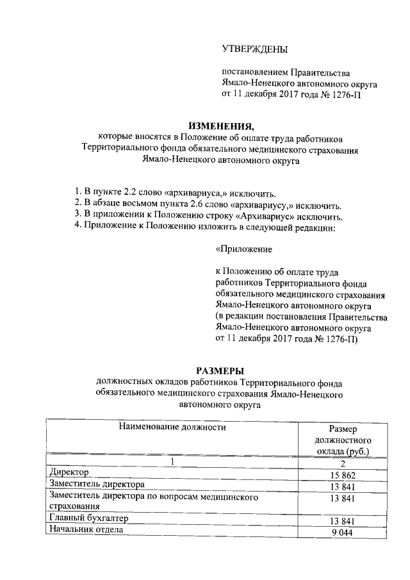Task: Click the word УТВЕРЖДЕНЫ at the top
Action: pyautogui.click(x=254, y=49)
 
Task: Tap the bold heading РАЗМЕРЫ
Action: pyautogui.click(x=220, y=370)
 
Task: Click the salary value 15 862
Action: pyautogui.click(x=343, y=475)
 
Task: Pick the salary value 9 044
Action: pyautogui.click(x=343, y=531)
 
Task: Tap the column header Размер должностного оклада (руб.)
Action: pyautogui.click(x=343, y=440)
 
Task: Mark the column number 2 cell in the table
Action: pyautogui.click(x=343, y=463)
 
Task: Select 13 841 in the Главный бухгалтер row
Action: pyautogui.click(x=343, y=520)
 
